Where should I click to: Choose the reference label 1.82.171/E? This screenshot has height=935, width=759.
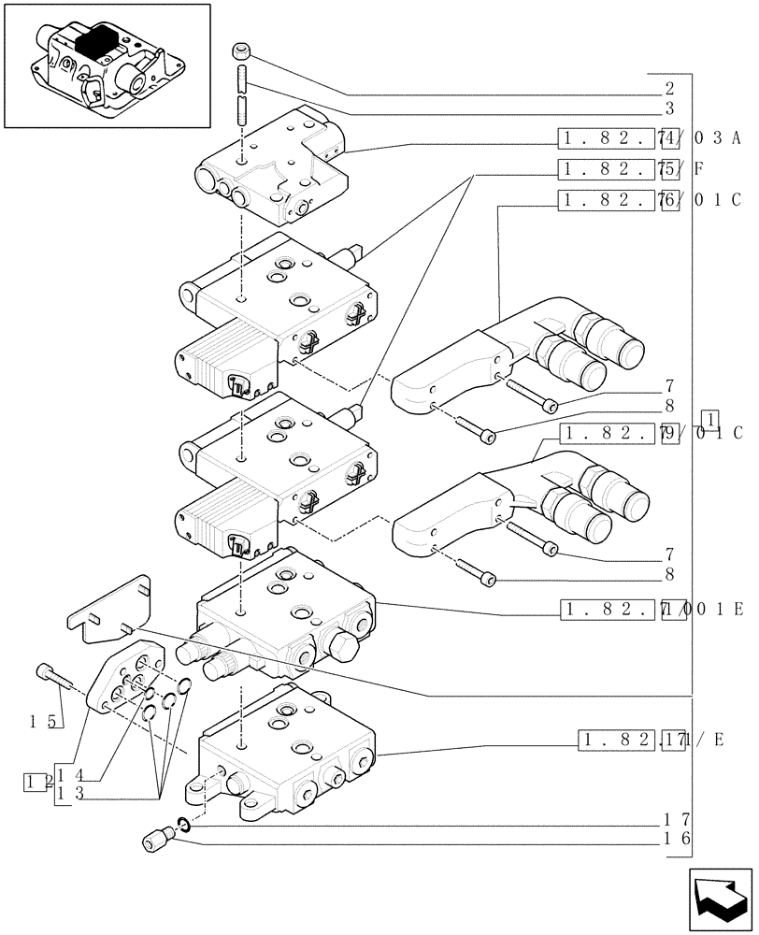[x=650, y=741]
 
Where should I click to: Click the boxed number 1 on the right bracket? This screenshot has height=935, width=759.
[x=712, y=418]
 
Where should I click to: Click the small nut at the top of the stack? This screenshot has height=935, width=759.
[x=242, y=49]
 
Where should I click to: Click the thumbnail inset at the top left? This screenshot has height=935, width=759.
[x=107, y=65]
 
